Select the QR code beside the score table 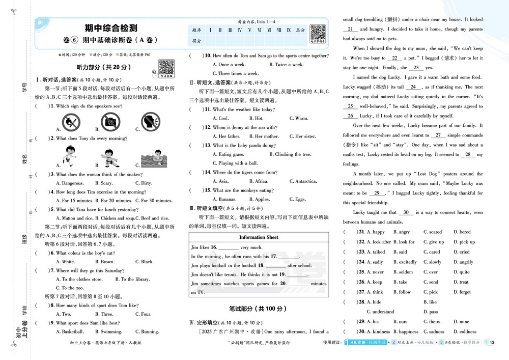(318, 33)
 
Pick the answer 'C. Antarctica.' (303, 181)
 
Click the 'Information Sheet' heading (259, 237)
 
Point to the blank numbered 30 (406, 213)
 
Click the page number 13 (492, 342)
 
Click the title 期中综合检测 (111, 27)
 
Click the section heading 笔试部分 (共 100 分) (259, 309)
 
